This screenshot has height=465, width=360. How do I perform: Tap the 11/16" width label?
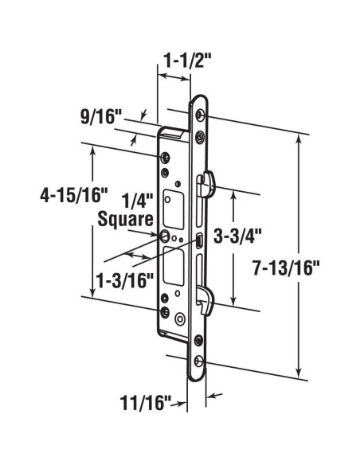[150, 404]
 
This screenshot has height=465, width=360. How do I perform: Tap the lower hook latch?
[209, 301]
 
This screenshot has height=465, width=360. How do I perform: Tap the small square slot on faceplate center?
[198, 240]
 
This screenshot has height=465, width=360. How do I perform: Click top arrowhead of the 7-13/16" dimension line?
[299, 137]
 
